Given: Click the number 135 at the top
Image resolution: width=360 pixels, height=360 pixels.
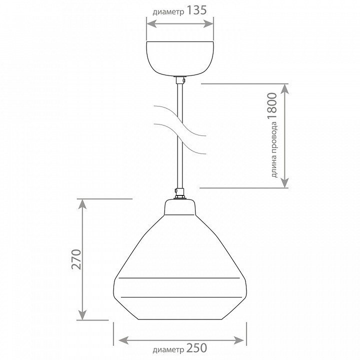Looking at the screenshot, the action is pos(197,10).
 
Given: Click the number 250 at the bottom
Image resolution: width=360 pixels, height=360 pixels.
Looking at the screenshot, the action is pos(196,348).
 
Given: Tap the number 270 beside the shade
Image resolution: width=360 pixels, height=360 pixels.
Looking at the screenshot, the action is pos(76,259).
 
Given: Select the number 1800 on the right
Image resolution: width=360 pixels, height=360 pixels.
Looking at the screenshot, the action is pos(272,106).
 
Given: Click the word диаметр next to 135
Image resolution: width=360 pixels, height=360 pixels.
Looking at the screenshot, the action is pos(168,12).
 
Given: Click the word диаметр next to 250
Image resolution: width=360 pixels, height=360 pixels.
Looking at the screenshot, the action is pos(168,350).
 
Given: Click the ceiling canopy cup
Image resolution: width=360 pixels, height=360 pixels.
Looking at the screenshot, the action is pos(180,58).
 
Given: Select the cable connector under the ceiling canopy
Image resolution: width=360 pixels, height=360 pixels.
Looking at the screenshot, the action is pos(180,80).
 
